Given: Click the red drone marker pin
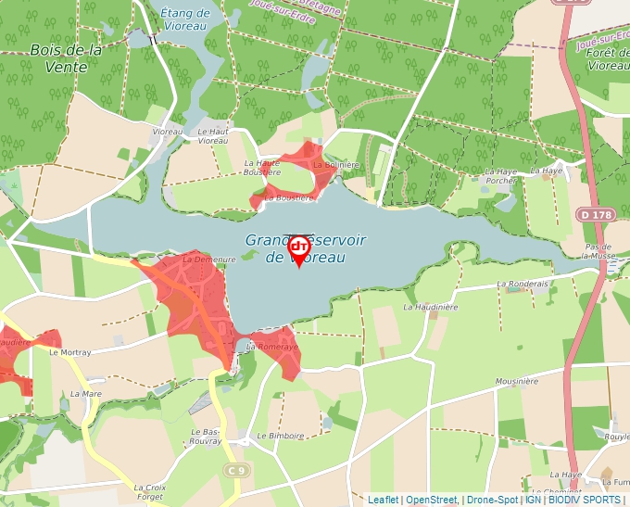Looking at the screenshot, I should coord(298,248).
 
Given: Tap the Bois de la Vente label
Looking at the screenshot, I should coord(65,58).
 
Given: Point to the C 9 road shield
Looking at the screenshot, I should coord(238,471).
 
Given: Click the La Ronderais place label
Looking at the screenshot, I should coord(523,284).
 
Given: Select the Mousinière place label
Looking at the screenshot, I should coord(517,381).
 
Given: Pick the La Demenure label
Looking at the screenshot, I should coord(203,260).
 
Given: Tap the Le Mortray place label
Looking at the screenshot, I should coord(70,353).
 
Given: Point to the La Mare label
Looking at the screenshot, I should coord(86,394).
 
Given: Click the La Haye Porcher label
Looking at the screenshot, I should coord(501,176).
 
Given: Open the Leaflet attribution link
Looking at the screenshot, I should coord(383,500).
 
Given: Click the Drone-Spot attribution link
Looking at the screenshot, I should coord(491,500).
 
